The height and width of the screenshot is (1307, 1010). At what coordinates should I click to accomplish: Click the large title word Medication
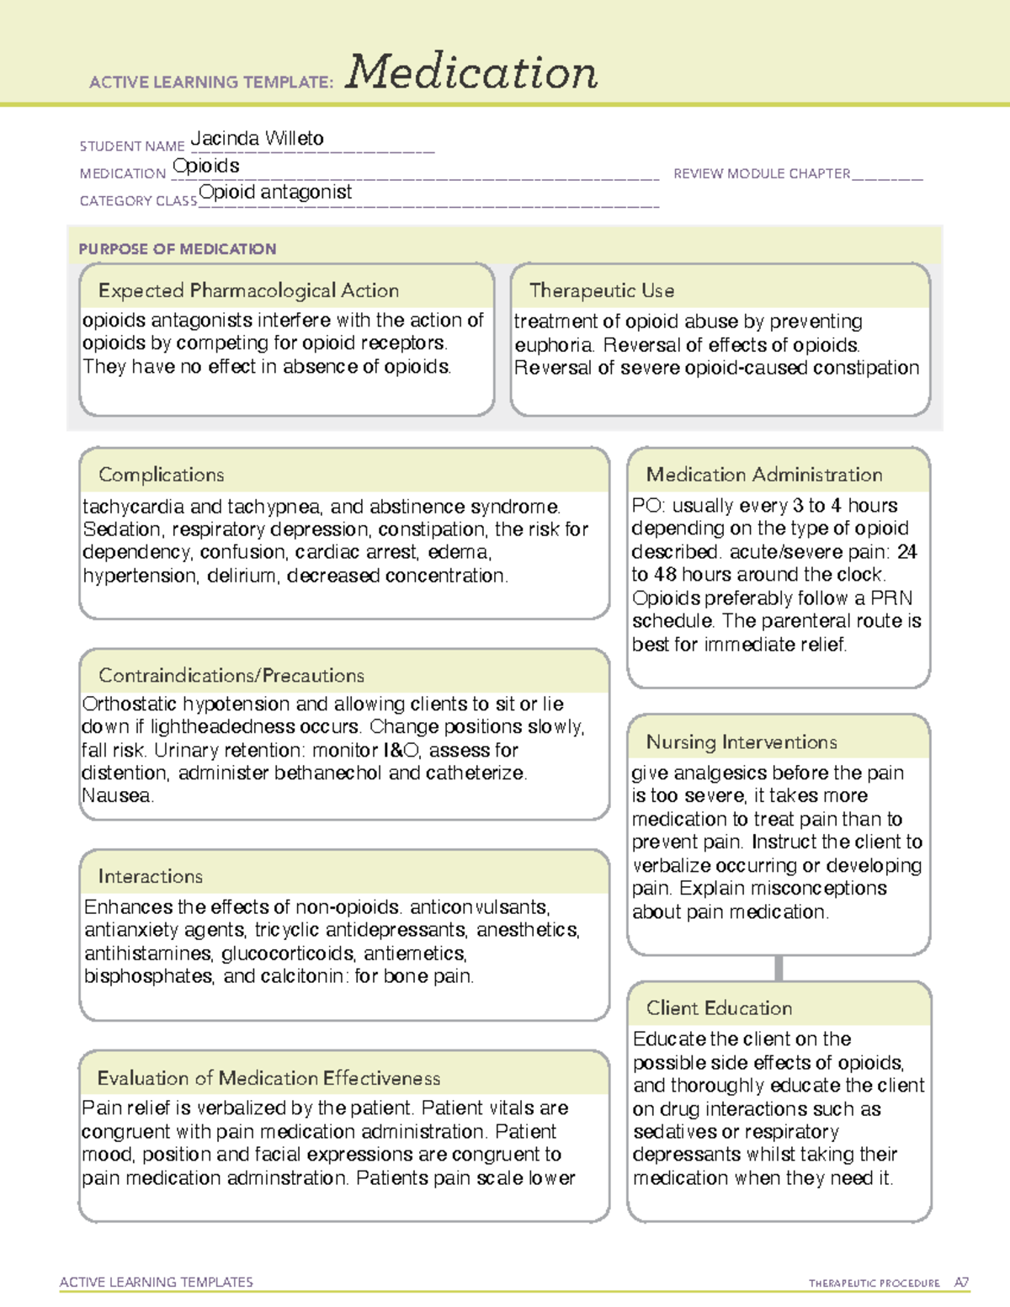pos(470,72)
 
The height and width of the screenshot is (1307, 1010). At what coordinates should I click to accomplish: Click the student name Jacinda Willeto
pos(257,139)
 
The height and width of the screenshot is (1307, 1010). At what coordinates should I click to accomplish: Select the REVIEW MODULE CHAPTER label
pos(761,173)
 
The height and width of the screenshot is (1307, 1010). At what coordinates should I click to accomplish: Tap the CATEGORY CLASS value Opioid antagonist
pos(275,193)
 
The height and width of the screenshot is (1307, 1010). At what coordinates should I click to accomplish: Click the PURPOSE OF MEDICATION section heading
pos(177,249)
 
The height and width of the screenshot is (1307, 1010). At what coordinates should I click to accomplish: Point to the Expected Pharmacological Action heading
pos(248,291)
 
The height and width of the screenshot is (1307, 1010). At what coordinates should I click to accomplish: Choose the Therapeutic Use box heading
pos(601,291)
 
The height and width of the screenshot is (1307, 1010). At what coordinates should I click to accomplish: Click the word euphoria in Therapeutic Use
pos(553,345)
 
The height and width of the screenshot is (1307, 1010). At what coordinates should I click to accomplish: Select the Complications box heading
pos(161,476)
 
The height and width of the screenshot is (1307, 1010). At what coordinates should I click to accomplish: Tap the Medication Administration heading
pos(763,476)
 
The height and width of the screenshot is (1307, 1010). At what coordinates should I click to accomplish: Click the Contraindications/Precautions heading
pos(231,676)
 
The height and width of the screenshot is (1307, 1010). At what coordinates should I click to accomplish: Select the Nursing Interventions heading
pos(741,742)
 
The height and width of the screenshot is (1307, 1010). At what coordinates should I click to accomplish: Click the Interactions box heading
pos(150,877)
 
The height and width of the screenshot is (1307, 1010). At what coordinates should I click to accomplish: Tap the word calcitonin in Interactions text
pos(302,976)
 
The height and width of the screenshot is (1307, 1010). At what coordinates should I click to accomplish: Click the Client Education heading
pos(719,1008)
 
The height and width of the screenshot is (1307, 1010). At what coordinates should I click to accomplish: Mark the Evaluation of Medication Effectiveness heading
pos(268,1079)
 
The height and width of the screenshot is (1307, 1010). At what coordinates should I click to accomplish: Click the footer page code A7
pos(961,1283)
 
